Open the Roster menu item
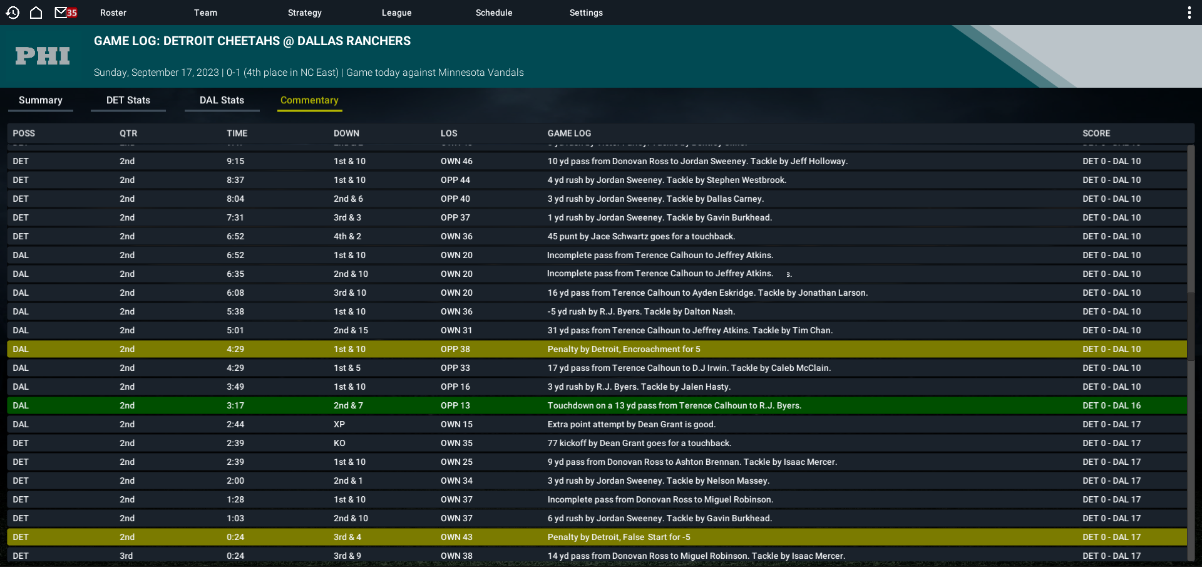pos(113,13)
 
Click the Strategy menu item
pos(304,13)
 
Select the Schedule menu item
pos(493,13)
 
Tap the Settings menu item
pos(586,13)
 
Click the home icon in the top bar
pos(36,13)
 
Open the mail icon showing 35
pos(66,13)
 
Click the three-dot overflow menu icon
pos(1189,13)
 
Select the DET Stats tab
pos(128,100)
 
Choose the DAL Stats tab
pos(222,100)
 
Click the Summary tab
pos(41,100)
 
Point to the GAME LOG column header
pos(569,133)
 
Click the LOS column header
pos(449,133)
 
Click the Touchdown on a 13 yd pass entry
pos(674,405)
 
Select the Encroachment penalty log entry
pos(624,349)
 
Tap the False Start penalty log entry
pos(619,537)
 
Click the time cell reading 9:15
pos(235,161)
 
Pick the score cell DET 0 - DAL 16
pos(1111,405)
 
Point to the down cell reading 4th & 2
pos(347,236)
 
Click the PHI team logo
pos(43,56)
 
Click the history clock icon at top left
pos(13,13)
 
